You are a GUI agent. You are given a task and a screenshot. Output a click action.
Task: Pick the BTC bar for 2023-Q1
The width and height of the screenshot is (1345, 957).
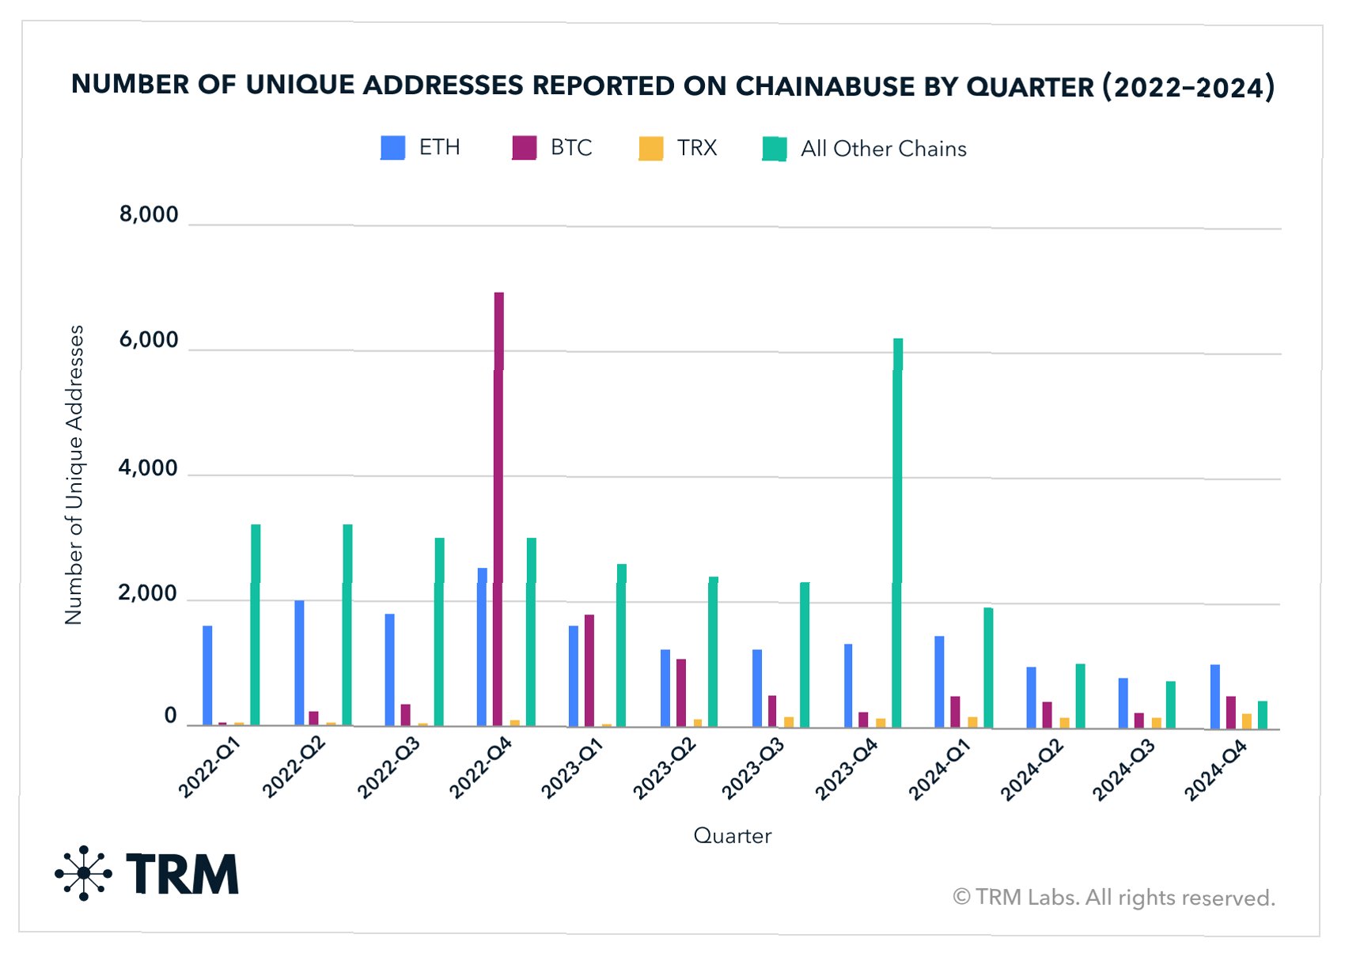click(589, 670)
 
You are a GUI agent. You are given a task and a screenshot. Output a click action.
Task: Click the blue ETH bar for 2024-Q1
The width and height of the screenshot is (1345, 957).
click(939, 681)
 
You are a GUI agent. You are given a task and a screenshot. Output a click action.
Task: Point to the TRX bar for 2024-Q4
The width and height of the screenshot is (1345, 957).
click(1247, 721)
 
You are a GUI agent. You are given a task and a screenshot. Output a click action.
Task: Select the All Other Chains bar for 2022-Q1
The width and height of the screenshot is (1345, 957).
click(256, 625)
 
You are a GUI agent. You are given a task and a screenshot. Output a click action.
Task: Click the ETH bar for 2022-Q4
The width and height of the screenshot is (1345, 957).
click(482, 646)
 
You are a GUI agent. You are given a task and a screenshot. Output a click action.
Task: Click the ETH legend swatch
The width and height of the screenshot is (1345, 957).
click(392, 148)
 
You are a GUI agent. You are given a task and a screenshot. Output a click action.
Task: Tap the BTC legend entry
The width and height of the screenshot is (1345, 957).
click(570, 148)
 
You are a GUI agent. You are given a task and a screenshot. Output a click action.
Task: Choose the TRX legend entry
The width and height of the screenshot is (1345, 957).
click(696, 148)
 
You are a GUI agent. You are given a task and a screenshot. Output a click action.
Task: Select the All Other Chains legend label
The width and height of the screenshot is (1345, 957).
click(883, 149)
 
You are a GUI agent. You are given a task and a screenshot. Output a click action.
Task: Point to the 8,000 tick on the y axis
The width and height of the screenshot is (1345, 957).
click(149, 214)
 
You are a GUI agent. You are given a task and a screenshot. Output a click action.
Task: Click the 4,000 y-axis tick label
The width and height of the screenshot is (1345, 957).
click(149, 467)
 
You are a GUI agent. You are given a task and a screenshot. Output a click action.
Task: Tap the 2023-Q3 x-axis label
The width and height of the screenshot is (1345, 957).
click(753, 768)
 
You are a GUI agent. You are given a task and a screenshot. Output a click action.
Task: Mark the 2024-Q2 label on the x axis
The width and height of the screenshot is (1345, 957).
click(1032, 770)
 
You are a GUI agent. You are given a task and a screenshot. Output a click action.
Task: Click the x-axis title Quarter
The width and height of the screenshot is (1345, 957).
click(732, 835)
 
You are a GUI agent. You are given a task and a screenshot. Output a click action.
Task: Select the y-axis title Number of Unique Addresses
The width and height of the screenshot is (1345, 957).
click(74, 475)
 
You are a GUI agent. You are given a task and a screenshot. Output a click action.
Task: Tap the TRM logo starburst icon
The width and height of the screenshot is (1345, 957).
click(83, 873)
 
